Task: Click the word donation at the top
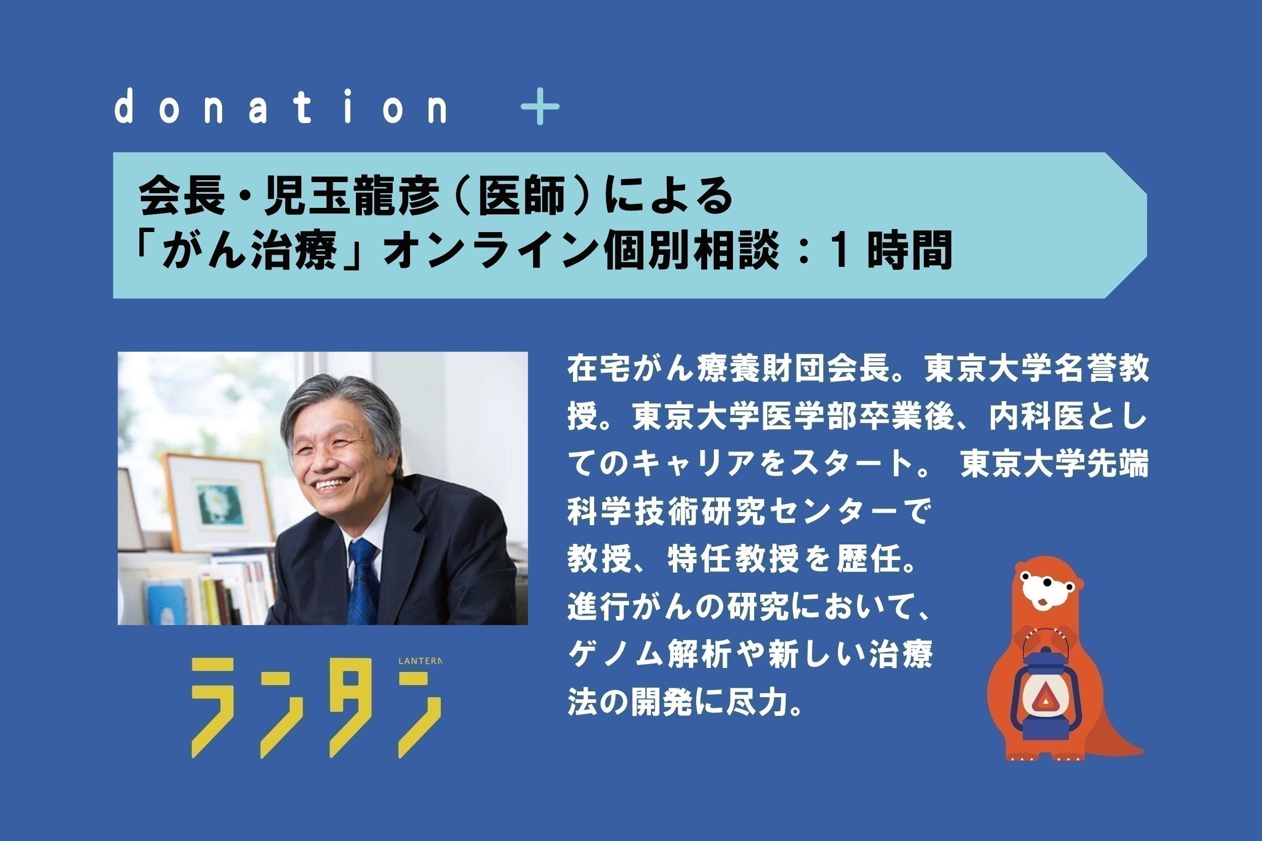[281, 107]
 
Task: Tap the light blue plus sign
[540, 106]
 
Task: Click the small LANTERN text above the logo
[420, 661]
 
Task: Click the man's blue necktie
[364, 582]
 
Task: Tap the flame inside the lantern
[1044, 698]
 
